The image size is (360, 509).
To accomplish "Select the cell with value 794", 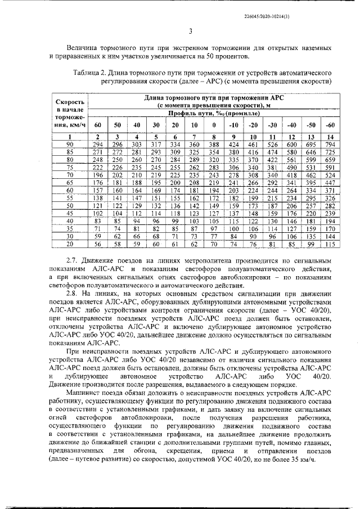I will click(330, 145).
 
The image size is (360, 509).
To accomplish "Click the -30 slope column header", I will click(272, 124).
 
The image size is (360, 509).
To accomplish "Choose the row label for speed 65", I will click(70, 183).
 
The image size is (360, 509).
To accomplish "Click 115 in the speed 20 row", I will click(330, 244).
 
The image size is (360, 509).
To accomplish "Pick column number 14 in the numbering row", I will click(330, 137).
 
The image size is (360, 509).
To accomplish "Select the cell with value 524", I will click(330, 175).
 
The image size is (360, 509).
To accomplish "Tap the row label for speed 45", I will click(70, 214).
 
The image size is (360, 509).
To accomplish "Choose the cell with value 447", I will click(330, 183).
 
